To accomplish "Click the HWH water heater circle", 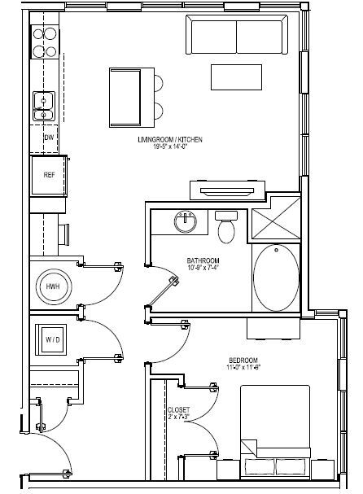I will click(53, 286).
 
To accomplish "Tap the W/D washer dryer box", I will click(53, 339).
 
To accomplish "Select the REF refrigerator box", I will click(50, 174).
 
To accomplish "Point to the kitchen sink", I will click(43, 104).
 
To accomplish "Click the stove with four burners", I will click(45, 42).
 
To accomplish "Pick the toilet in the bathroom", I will click(226, 227).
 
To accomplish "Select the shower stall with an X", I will click(275, 218).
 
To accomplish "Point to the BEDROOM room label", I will click(243, 360).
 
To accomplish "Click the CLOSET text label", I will click(178, 409).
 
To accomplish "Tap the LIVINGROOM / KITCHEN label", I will click(169, 140).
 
